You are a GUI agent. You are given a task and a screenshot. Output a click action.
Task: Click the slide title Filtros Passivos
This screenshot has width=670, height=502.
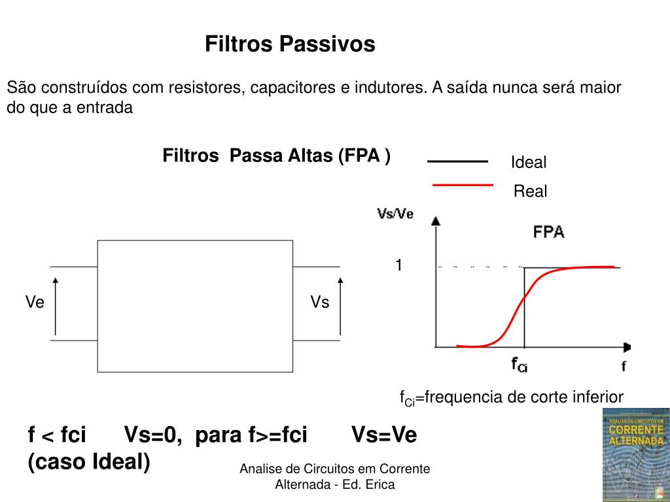pos(290,44)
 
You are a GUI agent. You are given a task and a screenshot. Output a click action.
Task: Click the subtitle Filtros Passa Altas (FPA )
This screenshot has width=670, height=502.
pos(276,156)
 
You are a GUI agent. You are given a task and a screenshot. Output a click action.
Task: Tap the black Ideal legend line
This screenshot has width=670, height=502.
pos(457,161)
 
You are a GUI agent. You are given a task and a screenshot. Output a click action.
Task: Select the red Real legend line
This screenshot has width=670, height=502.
pos(463,186)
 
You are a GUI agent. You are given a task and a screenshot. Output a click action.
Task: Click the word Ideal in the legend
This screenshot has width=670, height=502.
pos(528,163)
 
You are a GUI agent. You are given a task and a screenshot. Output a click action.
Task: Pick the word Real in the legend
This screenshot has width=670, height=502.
pos(530,192)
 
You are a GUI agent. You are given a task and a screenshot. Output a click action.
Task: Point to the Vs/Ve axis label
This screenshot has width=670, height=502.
pos(395,214)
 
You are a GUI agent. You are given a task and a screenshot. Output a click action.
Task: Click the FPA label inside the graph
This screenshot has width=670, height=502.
pos(549,232)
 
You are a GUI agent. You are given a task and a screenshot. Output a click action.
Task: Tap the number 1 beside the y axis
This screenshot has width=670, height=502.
pos(398,265)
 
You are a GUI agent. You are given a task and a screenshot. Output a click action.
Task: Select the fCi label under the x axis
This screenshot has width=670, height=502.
pos(519,364)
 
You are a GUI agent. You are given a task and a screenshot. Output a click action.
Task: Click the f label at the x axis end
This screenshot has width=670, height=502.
pos(624,366)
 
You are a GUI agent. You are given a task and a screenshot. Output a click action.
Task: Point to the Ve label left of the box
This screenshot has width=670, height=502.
pos(35,302)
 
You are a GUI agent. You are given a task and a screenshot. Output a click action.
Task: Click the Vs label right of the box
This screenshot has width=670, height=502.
pos(320,302)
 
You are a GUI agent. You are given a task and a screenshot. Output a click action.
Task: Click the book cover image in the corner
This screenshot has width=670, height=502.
pos(636,455)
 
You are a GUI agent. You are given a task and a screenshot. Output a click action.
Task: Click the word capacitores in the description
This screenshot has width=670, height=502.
pos(290,88)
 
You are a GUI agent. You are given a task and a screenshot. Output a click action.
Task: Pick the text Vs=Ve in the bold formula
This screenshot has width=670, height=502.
pos(384,435)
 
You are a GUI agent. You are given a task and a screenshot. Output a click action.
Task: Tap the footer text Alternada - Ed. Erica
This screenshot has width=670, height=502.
pos(335,484)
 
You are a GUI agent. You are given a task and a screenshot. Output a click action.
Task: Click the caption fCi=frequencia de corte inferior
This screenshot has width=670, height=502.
pos(512,397)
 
